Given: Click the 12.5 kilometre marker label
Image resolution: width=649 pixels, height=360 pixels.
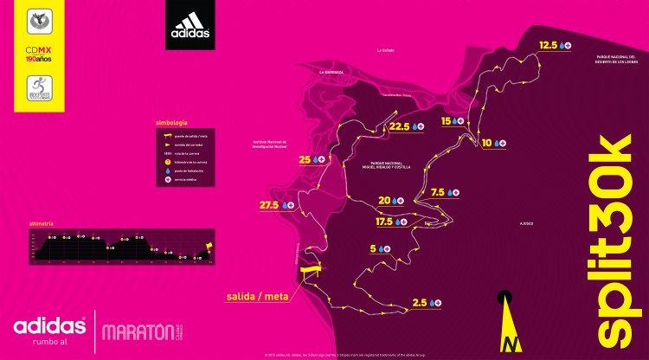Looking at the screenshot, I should [x=549, y=45].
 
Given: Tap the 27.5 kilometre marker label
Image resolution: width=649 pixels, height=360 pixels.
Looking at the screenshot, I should [x=271, y=205].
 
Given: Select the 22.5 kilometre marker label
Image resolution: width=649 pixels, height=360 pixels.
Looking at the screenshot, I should [x=399, y=126].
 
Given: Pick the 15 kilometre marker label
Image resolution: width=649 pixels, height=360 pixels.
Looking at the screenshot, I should [x=447, y=121].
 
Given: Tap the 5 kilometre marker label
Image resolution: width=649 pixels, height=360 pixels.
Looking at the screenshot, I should [x=373, y=249].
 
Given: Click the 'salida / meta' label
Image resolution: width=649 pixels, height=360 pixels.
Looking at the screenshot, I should [x=257, y=296].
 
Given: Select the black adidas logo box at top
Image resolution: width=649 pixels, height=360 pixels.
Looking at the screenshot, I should [x=190, y=26].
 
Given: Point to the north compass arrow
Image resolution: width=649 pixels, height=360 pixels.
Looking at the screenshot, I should [x=508, y=319].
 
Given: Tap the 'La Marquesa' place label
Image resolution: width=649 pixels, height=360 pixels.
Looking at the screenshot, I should [x=332, y=72].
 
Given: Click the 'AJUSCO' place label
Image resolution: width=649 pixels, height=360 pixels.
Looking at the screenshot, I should [x=526, y=223].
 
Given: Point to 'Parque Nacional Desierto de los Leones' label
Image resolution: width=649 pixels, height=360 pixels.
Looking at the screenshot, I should [x=616, y=61].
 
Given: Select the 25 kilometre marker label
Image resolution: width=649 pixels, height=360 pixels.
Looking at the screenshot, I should [x=305, y=159].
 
